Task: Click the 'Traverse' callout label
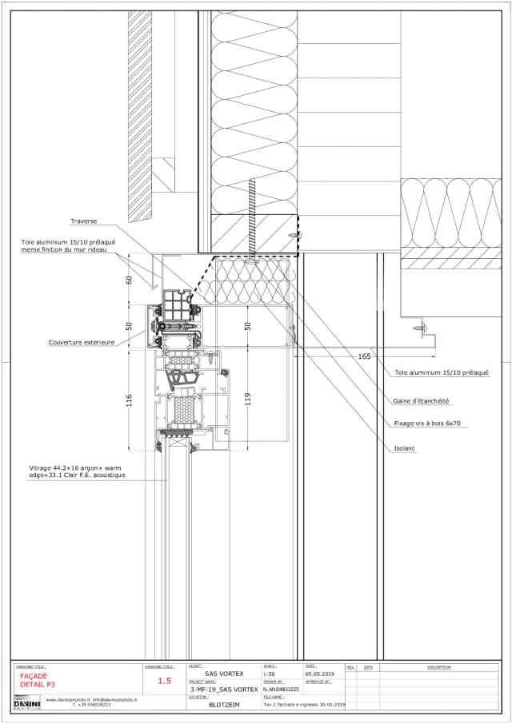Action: [83, 221]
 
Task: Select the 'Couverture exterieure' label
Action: [82, 342]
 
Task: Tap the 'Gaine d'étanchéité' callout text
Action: [421, 401]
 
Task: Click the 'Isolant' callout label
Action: [405, 448]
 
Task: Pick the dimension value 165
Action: [365, 356]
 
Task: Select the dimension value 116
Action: [130, 400]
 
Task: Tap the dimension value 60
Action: [130, 280]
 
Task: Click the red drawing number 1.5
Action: [165, 682]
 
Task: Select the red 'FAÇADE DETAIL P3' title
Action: [38, 680]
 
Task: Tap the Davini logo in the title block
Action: [26, 702]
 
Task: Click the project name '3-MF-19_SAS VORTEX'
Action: [224, 689]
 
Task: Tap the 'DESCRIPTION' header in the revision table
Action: [439, 667]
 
